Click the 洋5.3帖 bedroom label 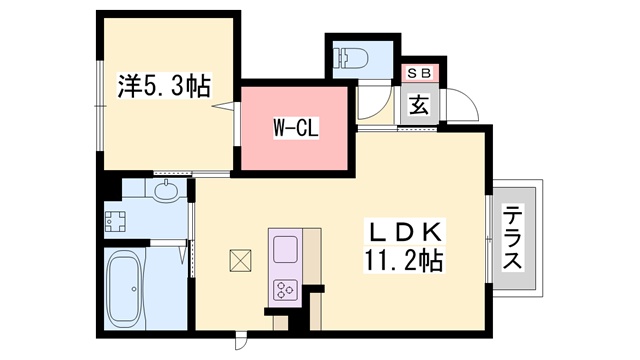tap(164, 86)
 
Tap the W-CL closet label tap(296, 128)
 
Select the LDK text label tap(407, 232)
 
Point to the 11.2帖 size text tap(403, 261)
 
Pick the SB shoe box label tap(419, 73)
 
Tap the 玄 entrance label tap(419, 105)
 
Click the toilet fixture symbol tap(351, 58)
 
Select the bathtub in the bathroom tap(125, 287)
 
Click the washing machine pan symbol tap(115, 222)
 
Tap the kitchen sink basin tap(285, 249)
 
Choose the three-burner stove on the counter tap(285, 290)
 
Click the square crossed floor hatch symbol tap(240, 260)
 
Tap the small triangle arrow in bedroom tap(223, 107)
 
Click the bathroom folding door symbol tap(184, 253)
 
